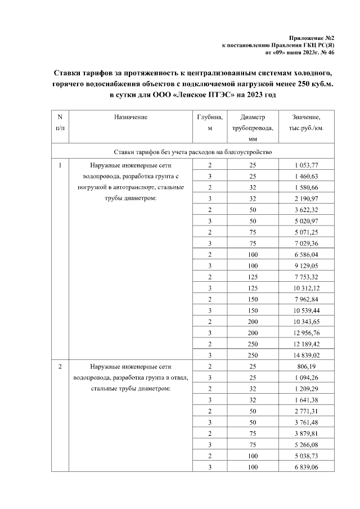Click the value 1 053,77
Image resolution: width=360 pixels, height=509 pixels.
[x=307, y=166]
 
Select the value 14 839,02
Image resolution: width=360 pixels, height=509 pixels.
[x=307, y=355]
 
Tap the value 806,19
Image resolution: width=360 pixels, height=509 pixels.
[x=307, y=367]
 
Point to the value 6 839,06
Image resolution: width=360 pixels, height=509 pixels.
[x=307, y=467]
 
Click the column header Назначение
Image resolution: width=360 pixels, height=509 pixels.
[x=130, y=117]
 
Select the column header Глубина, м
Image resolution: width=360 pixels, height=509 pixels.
[x=210, y=123]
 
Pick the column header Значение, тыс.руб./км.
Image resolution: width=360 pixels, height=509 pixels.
[x=307, y=123]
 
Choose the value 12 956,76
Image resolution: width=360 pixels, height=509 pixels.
[x=307, y=333]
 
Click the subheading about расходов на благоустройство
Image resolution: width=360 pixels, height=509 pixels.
[x=193, y=152]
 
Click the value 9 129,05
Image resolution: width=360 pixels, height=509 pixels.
[x=307, y=266]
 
